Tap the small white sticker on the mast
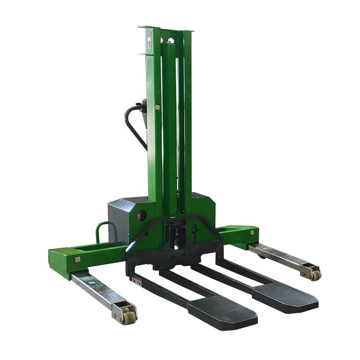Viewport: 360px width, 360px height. [157, 108]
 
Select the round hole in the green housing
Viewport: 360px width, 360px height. [142, 212]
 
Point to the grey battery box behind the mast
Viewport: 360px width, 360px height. [119, 216]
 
